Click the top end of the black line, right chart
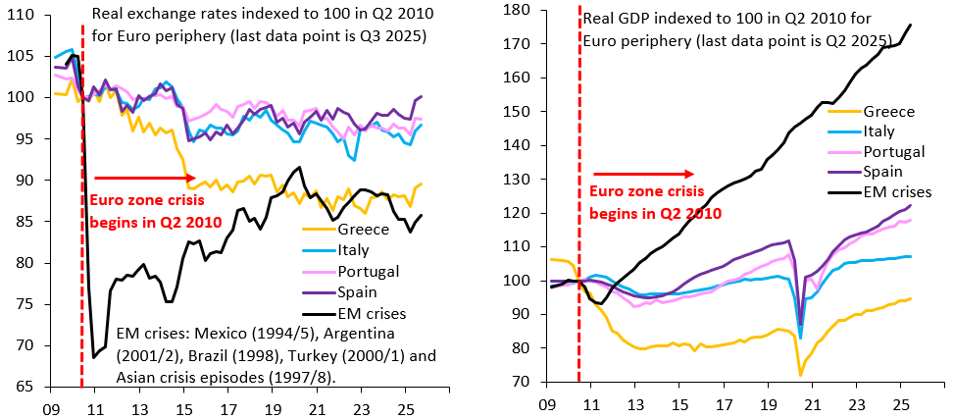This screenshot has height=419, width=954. pos(910,25)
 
